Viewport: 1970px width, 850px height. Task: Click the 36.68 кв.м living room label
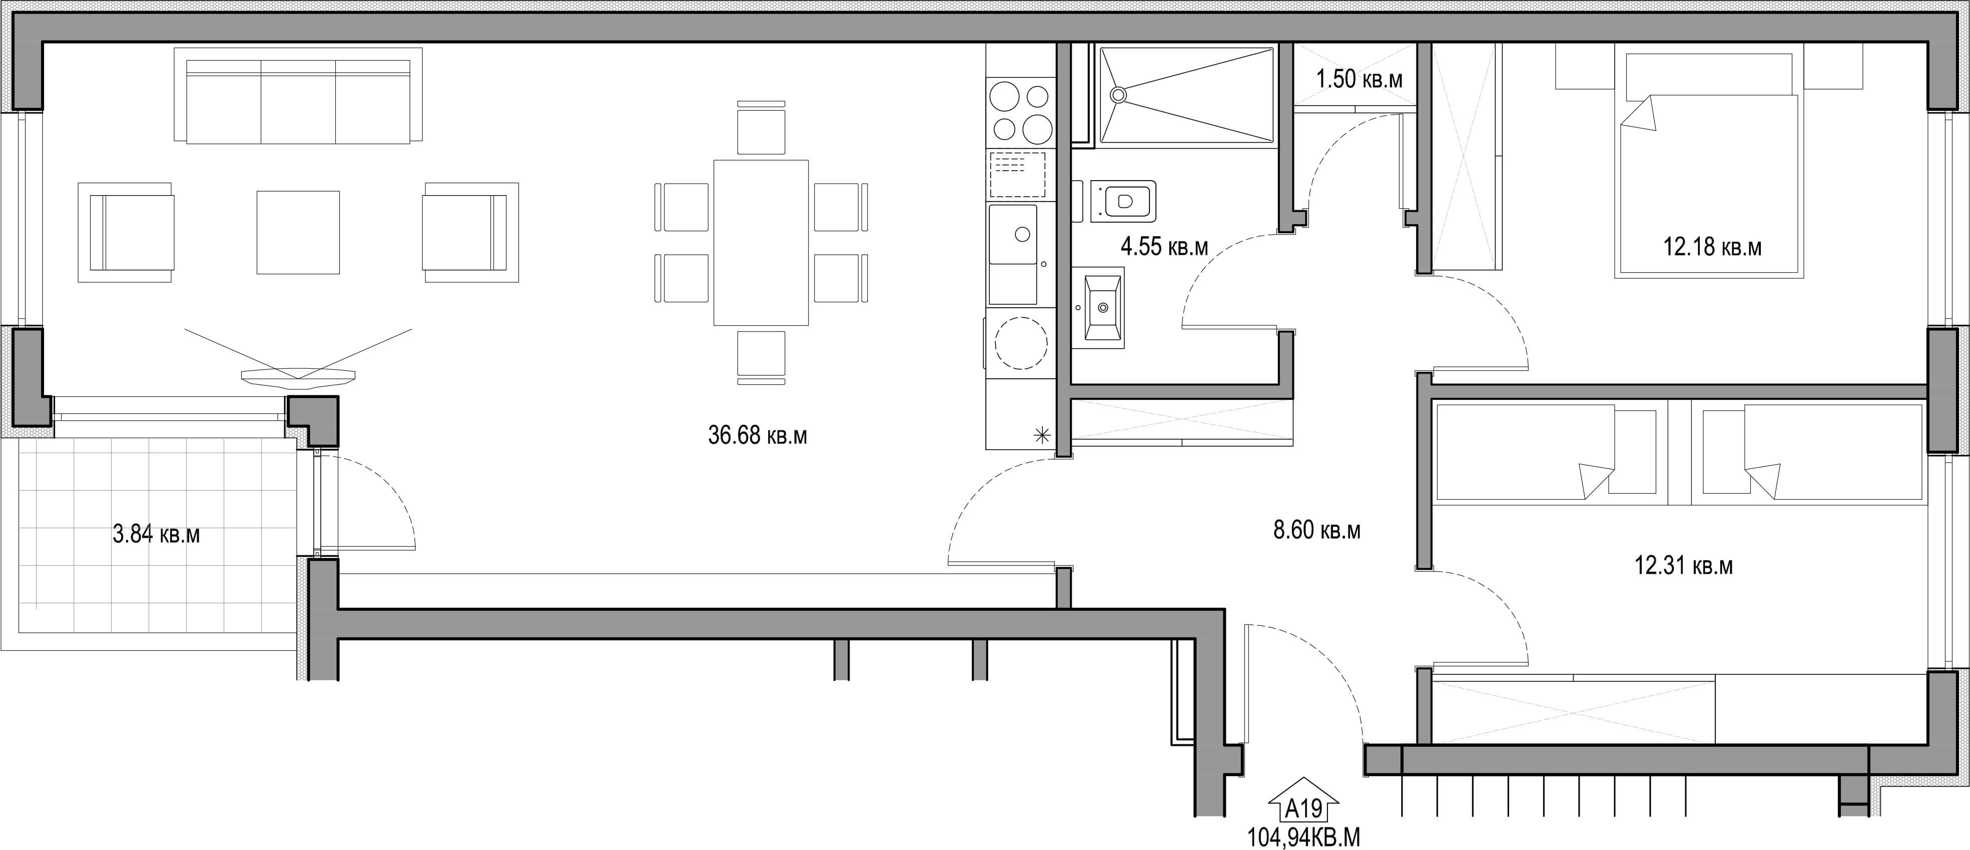(x=757, y=436)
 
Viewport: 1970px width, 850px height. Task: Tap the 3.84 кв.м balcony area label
(x=156, y=534)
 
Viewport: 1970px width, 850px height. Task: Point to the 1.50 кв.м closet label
(x=1359, y=79)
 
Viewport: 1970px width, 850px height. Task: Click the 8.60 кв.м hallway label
(x=1317, y=530)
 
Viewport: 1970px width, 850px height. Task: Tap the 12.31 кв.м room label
(x=1683, y=566)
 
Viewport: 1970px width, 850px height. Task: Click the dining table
(x=761, y=242)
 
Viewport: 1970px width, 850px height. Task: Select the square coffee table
(x=298, y=232)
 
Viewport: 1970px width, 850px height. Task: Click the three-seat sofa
(x=298, y=96)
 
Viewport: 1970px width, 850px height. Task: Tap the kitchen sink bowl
(x=1013, y=235)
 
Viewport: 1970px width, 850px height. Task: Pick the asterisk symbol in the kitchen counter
(x=1042, y=436)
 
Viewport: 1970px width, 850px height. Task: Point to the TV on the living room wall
(x=298, y=375)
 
